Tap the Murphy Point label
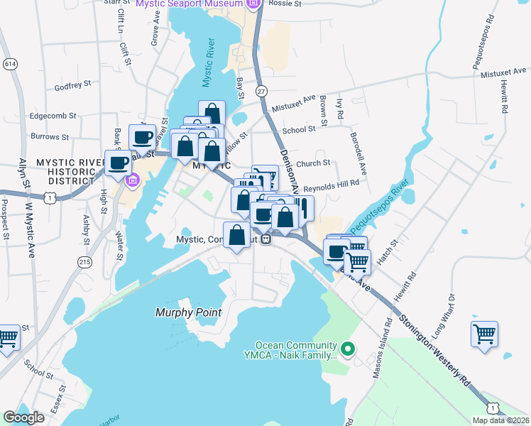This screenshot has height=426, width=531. [188, 312]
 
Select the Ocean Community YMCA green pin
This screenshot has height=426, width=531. [347, 349]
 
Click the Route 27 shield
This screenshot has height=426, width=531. [261, 91]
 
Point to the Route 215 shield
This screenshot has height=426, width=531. [84, 262]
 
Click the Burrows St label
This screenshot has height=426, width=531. [49, 136]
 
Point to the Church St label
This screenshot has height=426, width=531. [314, 163]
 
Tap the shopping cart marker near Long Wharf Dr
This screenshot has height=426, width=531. [484, 333]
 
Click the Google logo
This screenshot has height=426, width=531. [23, 417]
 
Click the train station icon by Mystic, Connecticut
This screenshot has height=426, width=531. [266, 239]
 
